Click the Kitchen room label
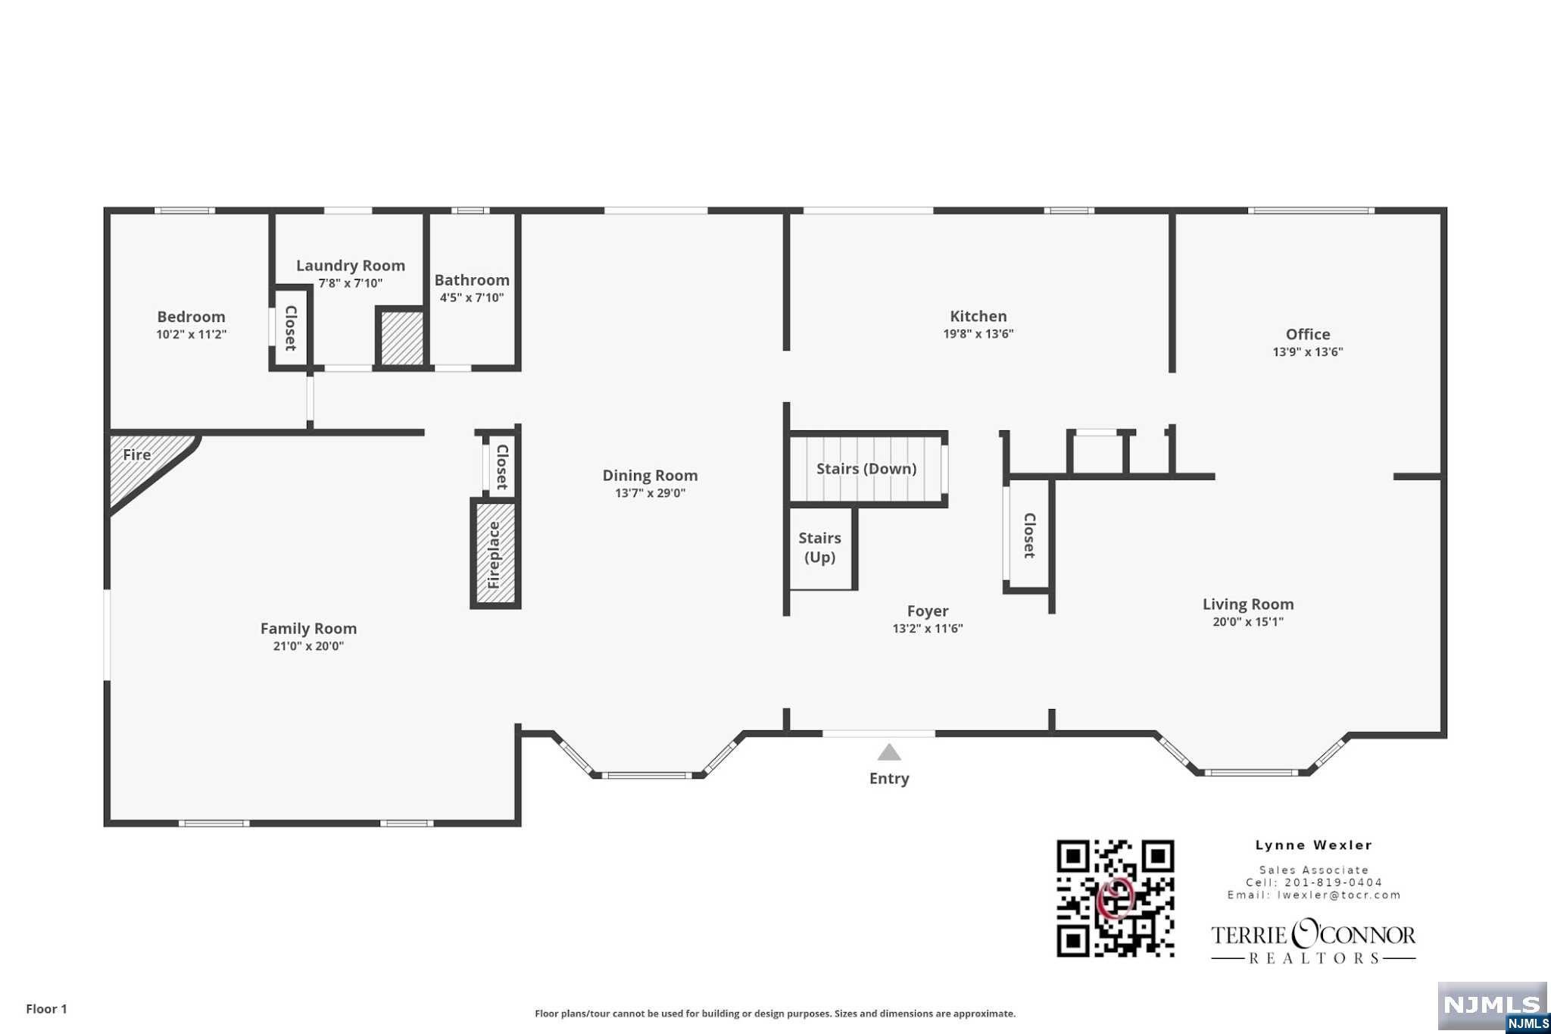[978, 317]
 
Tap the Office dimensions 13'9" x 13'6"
[1308, 351]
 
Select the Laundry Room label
[351, 266]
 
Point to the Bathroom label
[472, 280]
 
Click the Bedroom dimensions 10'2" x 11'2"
[192, 334]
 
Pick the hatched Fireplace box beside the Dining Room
[495, 553]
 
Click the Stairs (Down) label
[866, 469]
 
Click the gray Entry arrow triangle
[889, 752]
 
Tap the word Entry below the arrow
[889, 779]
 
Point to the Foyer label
[928, 611]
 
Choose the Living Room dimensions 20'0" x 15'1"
[1248, 622]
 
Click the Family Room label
[308, 629]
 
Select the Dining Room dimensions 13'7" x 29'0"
[650, 493]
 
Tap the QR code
[1116, 898]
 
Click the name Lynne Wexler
[1314, 845]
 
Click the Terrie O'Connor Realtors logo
[1313, 941]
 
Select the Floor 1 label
[47, 1009]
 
